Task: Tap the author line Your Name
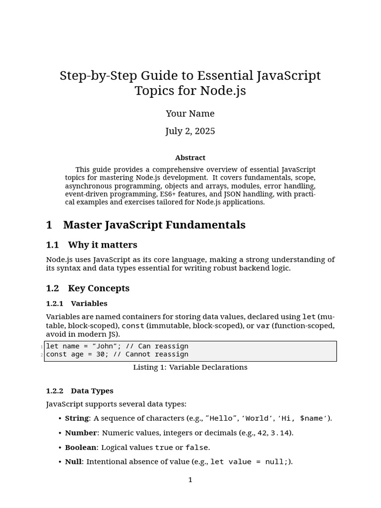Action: [x=190, y=114]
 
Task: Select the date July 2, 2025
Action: [x=190, y=131]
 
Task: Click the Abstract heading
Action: [x=190, y=158]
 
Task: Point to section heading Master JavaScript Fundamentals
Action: [x=154, y=225]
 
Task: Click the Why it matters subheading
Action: [x=102, y=245]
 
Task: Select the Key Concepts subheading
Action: [x=98, y=289]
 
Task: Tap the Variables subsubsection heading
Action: [x=89, y=304]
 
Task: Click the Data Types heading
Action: [x=92, y=391]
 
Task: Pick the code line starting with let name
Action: [x=117, y=346]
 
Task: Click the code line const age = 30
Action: [x=117, y=354]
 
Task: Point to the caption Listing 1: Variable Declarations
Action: [x=190, y=368]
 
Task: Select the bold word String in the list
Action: [x=76, y=418]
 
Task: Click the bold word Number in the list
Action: [x=80, y=433]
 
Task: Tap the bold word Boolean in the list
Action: [x=80, y=447]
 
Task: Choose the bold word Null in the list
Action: [x=73, y=462]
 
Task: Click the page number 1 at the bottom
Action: [x=190, y=480]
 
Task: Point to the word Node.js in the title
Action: [x=223, y=91]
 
